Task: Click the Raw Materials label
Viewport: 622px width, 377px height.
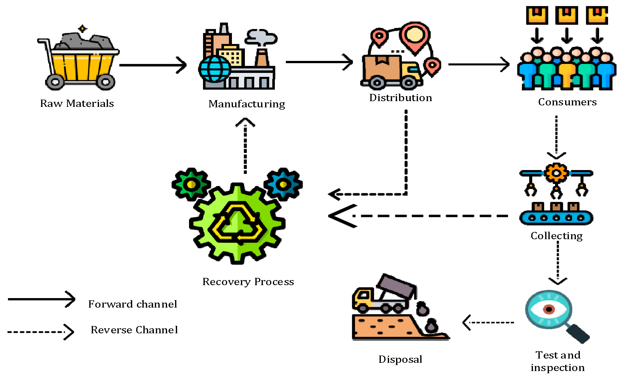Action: (x=77, y=103)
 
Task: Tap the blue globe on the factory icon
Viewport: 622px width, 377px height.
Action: (x=214, y=69)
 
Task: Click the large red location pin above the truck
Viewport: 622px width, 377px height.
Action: (x=415, y=35)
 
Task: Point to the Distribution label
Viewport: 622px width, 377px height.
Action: (x=400, y=98)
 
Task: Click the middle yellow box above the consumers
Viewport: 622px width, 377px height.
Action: (x=567, y=15)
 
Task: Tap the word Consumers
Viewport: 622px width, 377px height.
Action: (x=567, y=102)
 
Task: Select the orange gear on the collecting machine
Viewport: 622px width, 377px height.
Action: (x=556, y=173)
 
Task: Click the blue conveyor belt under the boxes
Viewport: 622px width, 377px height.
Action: (x=556, y=218)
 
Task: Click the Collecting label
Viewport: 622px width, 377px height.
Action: (x=556, y=235)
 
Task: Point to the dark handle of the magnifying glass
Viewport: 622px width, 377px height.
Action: (x=578, y=334)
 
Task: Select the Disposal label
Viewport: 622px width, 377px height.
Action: (x=400, y=359)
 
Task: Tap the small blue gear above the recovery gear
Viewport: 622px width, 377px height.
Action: (x=283, y=184)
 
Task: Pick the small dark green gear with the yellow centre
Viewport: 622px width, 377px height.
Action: (x=191, y=184)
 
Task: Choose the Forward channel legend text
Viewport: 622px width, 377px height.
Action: (x=132, y=304)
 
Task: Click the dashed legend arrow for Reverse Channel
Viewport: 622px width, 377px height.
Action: (x=40, y=332)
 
